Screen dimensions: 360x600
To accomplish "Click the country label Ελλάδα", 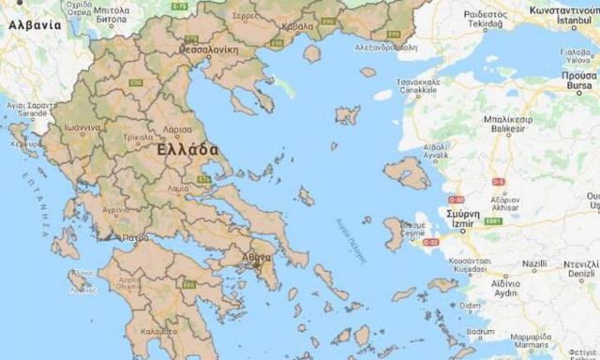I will [188, 150].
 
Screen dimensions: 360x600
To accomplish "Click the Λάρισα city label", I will [177, 129].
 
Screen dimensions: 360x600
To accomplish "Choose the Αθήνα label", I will [256, 255].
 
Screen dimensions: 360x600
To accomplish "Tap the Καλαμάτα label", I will [158, 331].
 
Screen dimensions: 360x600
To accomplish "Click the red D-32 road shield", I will [431, 242].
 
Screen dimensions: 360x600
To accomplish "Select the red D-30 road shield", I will [456, 199].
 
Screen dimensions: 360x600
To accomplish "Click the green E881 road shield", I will [494, 221].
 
